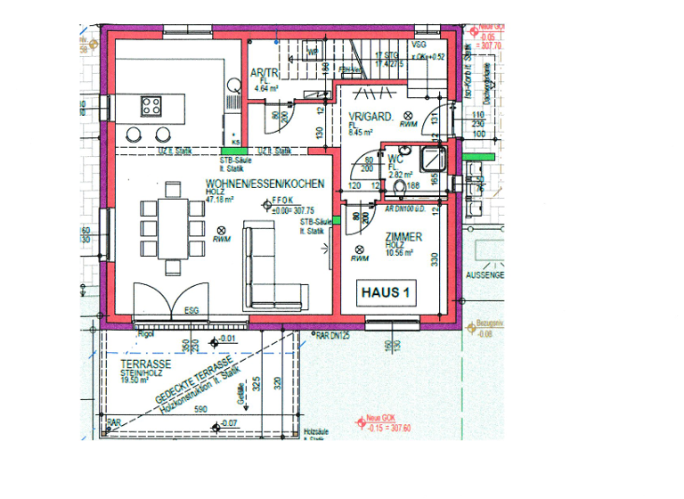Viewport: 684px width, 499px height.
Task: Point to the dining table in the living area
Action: (167, 228)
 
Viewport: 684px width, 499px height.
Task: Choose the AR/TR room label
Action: (265, 74)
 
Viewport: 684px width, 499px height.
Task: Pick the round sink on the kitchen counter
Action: (234, 86)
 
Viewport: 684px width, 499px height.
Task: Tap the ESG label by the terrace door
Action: (191, 311)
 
